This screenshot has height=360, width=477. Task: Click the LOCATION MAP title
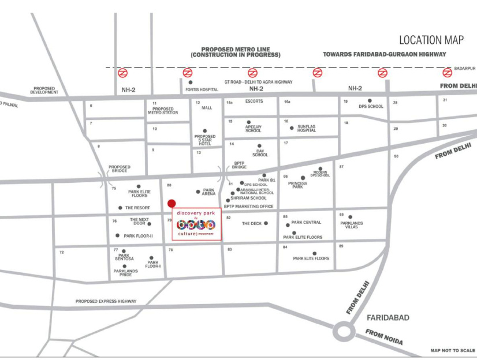pyautogui.click(x=431, y=40)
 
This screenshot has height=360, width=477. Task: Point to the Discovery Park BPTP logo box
pyautogui.click(x=197, y=225)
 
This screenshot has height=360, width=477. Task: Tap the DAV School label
pyautogui.click(x=260, y=153)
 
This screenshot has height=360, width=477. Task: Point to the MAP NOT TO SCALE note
pyautogui.click(x=452, y=350)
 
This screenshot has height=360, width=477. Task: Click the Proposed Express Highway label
pyautogui.click(x=106, y=301)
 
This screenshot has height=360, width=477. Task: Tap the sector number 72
pyautogui.click(x=61, y=253)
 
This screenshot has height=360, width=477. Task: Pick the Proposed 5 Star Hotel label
pyautogui.click(x=205, y=140)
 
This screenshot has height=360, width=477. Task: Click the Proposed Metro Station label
pyautogui.click(x=163, y=111)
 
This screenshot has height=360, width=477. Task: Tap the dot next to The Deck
pyautogui.click(x=266, y=223)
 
